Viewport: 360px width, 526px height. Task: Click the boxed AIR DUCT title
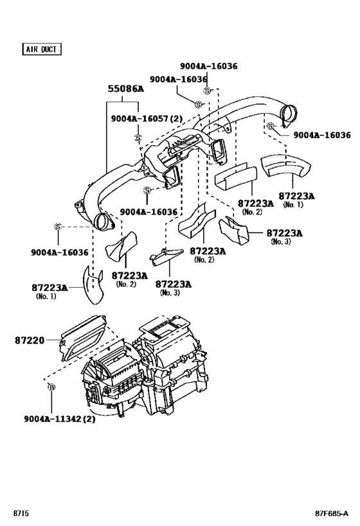[x=42, y=49]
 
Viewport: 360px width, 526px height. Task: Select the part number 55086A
[x=125, y=89]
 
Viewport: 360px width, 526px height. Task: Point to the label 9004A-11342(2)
[x=60, y=418]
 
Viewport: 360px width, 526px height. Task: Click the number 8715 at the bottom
[x=21, y=513]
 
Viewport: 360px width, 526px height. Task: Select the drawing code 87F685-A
[x=330, y=513]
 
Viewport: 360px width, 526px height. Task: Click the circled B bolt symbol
[x=51, y=387]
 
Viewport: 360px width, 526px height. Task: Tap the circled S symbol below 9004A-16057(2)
[x=138, y=137]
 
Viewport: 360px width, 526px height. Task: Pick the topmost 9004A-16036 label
[x=208, y=66]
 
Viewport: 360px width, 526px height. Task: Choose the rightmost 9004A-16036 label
[x=322, y=136]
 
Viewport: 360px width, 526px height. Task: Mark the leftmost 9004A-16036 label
[x=59, y=252]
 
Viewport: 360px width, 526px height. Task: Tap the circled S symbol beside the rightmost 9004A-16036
[x=271, y=127]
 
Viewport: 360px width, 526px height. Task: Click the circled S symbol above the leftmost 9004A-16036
[x=57, y=227]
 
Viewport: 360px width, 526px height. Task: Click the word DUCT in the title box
[x=51, y=49]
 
